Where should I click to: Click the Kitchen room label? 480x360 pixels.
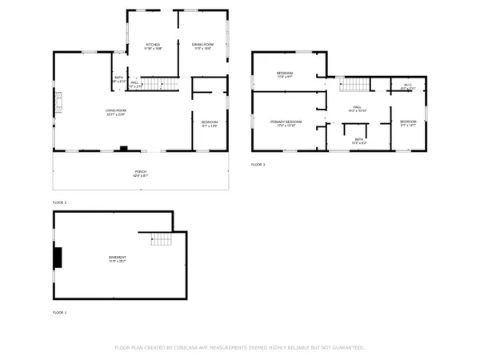[x=153, y=45]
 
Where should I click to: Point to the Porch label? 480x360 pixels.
[x=140, y=174]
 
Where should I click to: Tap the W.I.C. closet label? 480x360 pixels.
[x=407, y=86]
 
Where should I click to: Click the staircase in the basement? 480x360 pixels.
[x=162, y=238]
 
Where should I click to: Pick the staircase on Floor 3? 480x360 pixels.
[x=353, y=84]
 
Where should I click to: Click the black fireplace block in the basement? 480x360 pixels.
[x=57, y=258]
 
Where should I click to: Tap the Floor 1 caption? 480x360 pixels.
[x=59, y=312]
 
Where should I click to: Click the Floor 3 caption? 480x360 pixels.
[x=258, y=164]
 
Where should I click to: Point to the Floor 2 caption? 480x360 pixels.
[x=59, y=203]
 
